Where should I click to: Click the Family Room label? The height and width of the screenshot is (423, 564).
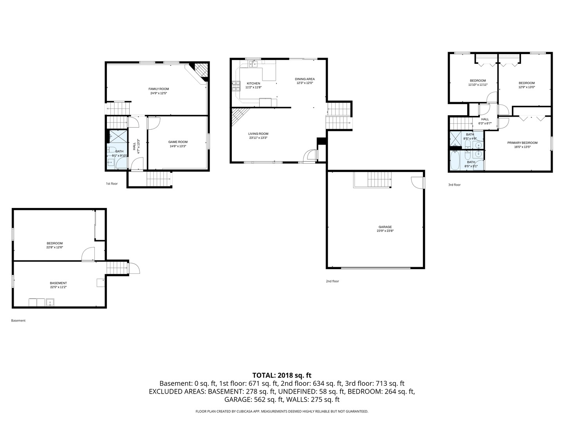point(159,89)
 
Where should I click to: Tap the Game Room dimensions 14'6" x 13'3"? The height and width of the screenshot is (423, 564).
point(177,146)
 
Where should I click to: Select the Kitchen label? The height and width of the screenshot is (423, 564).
point(253,83)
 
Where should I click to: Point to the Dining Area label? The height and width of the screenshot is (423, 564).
point(305,79)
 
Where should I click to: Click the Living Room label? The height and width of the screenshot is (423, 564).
point(258,134)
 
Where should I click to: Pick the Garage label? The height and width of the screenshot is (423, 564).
point(385,227)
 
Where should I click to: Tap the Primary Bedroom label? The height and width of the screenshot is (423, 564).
point(522,143)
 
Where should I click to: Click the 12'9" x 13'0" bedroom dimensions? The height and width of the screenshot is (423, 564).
point(527,87)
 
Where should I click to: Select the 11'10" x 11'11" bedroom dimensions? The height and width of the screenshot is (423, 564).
point(478,85)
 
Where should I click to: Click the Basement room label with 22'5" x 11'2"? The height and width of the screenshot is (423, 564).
point(58,283)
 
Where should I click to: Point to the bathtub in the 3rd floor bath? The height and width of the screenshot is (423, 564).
point(455,161)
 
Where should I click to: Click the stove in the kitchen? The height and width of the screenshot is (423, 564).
point(236,86)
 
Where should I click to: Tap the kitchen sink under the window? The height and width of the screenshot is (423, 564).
point(253,64)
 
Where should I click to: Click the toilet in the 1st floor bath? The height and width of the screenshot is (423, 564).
point(112,150)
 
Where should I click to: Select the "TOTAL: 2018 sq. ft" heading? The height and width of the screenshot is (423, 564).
point(282,376)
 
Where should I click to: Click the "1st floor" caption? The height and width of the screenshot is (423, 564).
point(112,184)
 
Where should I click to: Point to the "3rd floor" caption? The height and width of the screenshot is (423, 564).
point(454,184)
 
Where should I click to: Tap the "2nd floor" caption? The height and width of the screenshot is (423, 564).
point(333,281)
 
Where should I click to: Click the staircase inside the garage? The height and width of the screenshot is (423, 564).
point(380,179)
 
